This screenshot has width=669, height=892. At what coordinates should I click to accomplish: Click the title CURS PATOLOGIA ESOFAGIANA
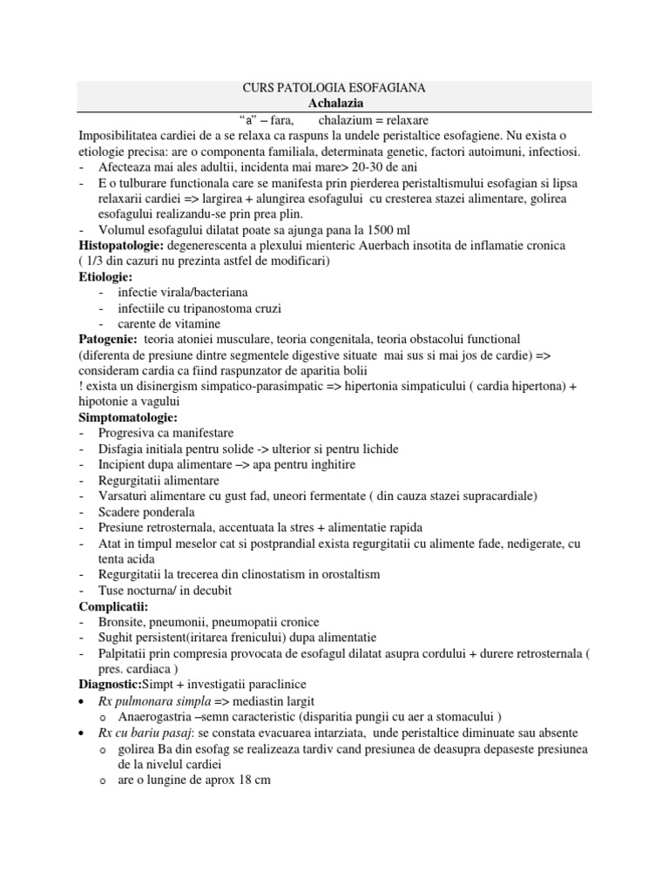tap(334, 89)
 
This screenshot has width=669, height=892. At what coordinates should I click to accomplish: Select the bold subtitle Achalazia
tap(334, 104)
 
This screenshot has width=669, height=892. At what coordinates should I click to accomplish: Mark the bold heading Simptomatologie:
tap(128, 417)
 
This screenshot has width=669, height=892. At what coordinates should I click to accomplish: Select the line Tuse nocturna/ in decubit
tap(170, 590)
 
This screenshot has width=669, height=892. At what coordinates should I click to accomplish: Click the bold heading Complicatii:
tap(114, 605)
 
